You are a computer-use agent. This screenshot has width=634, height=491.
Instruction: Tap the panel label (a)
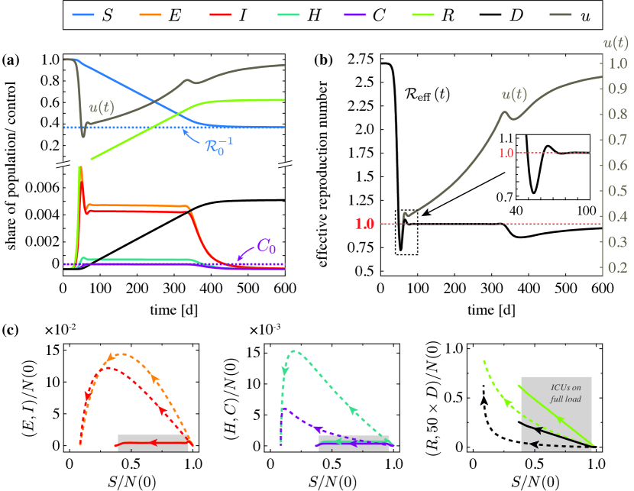11,58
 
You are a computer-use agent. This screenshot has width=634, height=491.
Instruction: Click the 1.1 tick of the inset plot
506,138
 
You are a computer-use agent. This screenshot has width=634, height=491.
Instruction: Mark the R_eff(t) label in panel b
432,95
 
